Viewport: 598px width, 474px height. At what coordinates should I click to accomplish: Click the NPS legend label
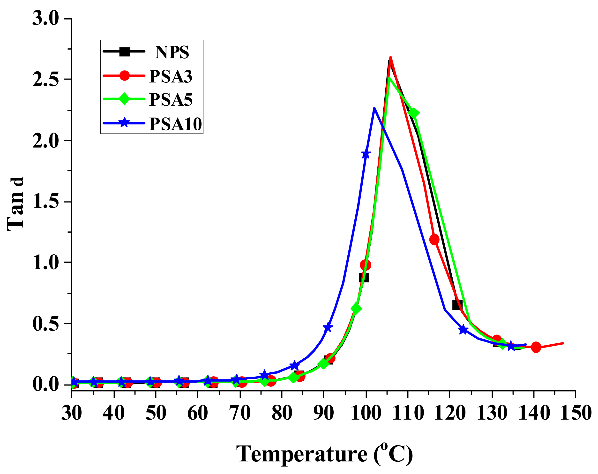click(172, 52)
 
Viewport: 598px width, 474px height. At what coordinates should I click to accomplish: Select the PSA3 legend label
click(171, 76)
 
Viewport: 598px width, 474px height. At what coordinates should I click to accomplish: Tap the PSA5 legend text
click(171, 100)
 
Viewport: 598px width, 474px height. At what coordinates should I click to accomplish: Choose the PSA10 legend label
click(175, 124)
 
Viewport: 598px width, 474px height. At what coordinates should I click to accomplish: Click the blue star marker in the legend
click(124, 123)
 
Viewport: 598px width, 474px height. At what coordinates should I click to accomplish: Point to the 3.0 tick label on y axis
click(46, 18)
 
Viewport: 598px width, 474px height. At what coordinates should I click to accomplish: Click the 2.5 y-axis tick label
click(46, 79)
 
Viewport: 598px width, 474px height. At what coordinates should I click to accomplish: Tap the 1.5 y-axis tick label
click(46, 201)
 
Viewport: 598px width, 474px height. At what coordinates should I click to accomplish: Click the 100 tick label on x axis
click(366, 413)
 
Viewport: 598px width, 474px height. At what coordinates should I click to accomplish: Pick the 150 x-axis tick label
click(576, 413)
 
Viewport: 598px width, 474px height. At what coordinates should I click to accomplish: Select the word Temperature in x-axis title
click(301, 454)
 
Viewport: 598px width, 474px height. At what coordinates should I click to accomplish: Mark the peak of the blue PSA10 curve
click(374, 108)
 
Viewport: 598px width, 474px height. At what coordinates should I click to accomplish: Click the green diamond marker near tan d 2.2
click(413, 113)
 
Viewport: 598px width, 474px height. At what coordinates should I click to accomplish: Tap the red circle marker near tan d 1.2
click(434, 239)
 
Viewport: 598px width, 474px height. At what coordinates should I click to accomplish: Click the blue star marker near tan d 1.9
click(366, 154)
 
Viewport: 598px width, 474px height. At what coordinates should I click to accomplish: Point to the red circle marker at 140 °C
click(536, 347)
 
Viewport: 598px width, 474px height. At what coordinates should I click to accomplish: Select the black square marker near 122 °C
click(457, 305)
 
